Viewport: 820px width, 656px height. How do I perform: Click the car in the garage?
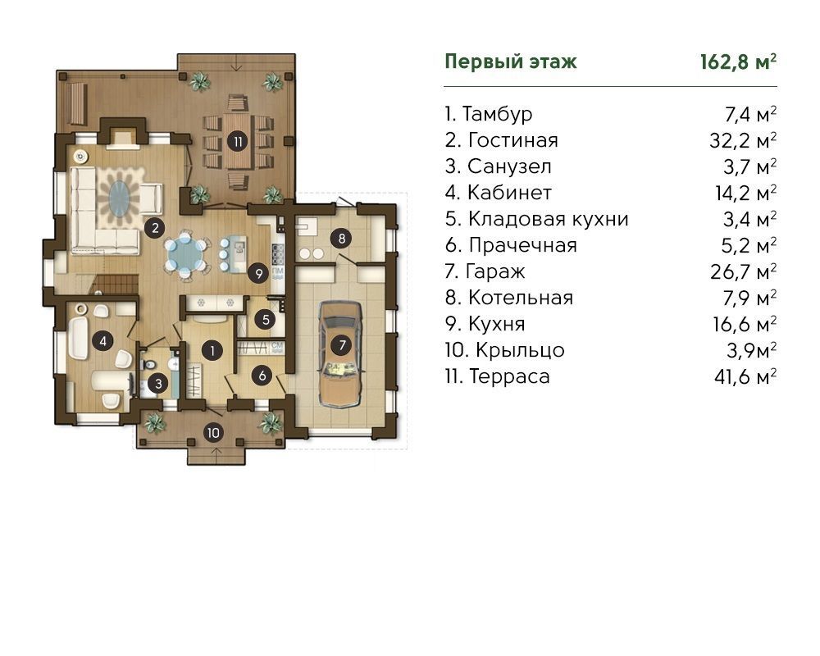coord(340,354)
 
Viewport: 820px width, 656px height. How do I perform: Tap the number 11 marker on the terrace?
coord(238,141)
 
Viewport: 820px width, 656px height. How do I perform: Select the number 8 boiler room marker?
coord(341,239)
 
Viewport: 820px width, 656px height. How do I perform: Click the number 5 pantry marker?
coord(266,319)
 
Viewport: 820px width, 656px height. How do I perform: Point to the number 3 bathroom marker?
coord(158,384)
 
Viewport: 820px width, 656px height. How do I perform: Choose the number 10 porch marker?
coord(213,433)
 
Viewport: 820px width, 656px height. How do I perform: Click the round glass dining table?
coord(185,254)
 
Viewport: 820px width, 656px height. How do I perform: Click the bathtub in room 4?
coord(79,337)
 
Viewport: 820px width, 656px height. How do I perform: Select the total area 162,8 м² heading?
coord(738,61)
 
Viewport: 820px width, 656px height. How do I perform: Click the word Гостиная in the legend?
coord(513,140)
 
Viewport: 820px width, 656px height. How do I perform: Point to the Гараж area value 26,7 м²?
coord(743,271)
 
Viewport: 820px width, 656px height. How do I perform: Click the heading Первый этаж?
coord(510,61)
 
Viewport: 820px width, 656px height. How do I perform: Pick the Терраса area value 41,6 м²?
coord(745,376)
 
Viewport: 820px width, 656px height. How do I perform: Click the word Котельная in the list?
coord(521,298)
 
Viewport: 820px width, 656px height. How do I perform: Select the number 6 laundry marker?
coord(262,375)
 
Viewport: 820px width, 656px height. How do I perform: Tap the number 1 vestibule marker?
coord(212,350)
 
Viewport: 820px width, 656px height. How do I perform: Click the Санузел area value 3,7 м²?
coord(750,166)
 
